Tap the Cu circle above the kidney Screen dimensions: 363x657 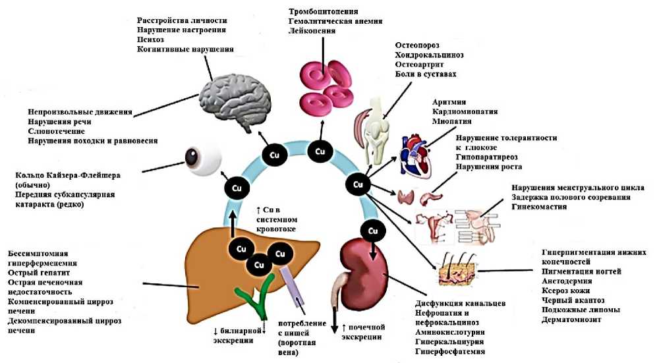click(373, 231)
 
